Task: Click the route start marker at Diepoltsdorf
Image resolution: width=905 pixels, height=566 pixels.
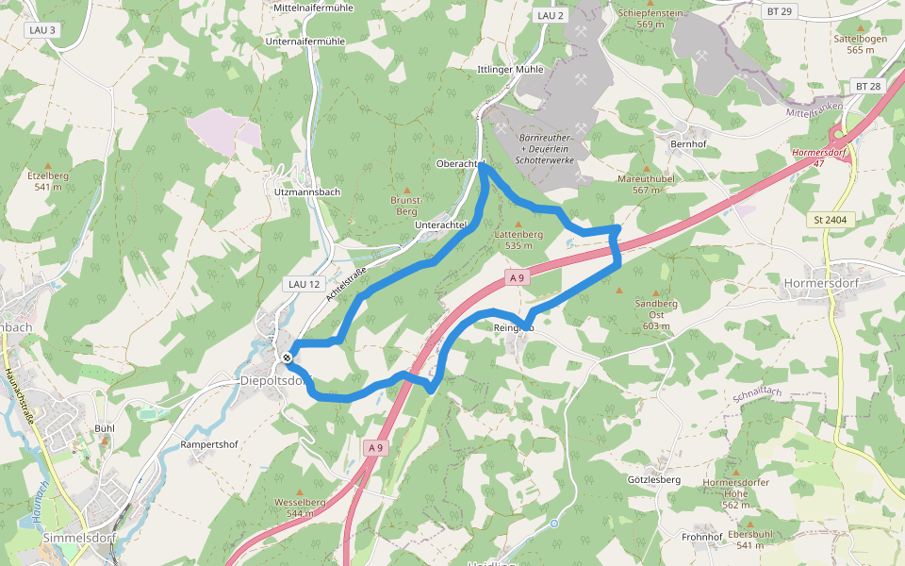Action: click(287, 357)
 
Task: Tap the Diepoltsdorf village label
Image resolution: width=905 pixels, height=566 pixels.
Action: click(274, 381)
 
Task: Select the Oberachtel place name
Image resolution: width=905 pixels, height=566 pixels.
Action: click(459, 163)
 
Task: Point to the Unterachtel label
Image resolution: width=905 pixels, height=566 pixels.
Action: click(440, 225)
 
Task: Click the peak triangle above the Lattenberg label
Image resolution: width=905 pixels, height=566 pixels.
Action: click(518, 224)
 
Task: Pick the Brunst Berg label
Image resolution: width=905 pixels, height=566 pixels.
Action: click(404, 206)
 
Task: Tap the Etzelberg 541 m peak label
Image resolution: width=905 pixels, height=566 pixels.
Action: click(48, 180)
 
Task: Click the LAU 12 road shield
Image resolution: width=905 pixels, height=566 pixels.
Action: click(302, 283)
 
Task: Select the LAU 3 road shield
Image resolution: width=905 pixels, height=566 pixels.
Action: click(42, 30)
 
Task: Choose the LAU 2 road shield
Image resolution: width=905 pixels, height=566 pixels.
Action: click(549, 16)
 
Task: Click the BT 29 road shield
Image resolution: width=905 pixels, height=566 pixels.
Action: click(780, 10)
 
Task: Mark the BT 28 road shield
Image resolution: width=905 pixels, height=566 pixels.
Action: click(868, 86)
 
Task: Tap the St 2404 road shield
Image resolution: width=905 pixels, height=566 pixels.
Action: click(829, 220)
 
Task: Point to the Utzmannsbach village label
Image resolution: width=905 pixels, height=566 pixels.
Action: click(305, 191)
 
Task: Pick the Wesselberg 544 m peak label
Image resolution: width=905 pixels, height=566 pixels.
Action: click(300, 508)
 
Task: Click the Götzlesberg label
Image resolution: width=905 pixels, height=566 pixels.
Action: click(653, 479)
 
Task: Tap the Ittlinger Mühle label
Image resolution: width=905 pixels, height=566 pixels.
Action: click(510, 70)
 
